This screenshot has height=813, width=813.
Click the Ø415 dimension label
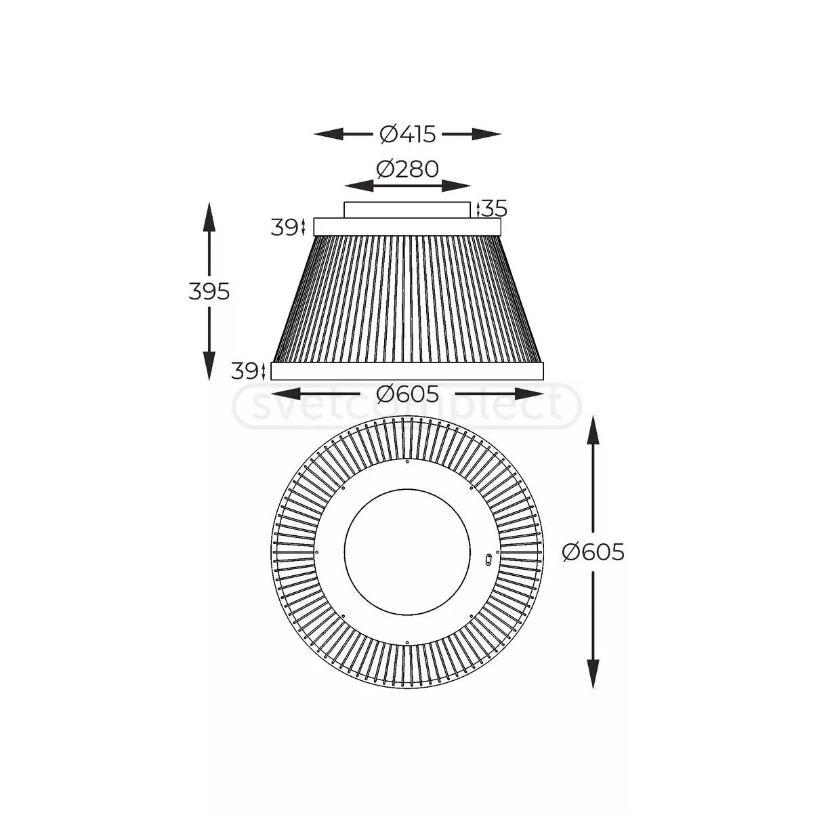(x=407, y=135)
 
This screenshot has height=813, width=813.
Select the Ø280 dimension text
(x=407, y=169)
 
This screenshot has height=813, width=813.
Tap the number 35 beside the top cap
(x=494, y=209)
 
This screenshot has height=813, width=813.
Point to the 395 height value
(x=209, y=291)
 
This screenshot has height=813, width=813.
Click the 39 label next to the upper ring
(x=285, y=228)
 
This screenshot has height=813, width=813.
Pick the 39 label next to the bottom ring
(x=245, y=371)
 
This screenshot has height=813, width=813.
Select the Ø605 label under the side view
(x=408, y=394)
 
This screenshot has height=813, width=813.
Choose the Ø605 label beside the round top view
(x=593, y=552)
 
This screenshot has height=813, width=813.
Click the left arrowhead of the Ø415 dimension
(x=328, y=135)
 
